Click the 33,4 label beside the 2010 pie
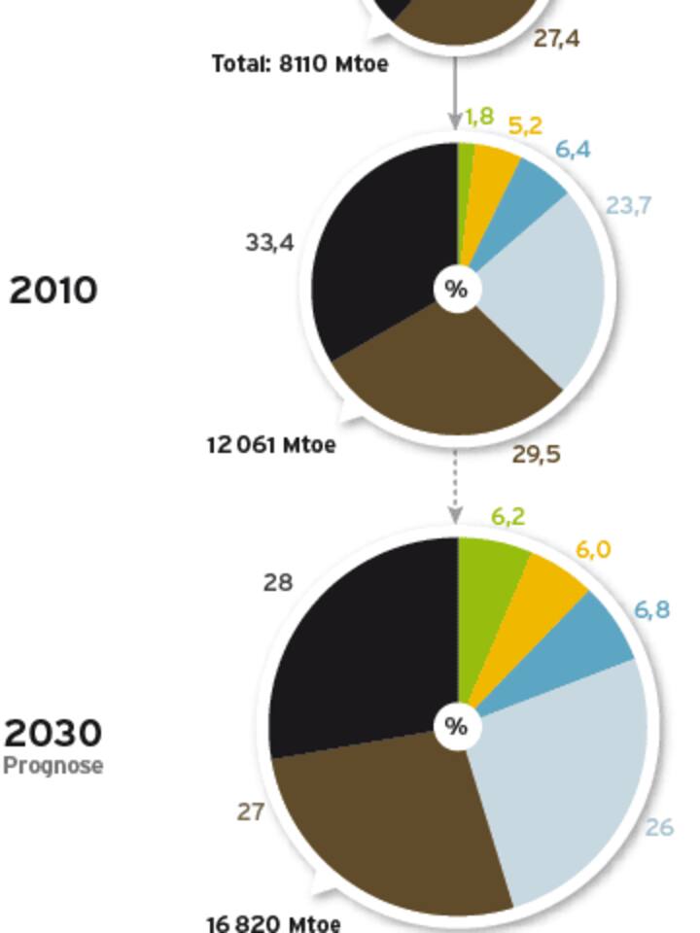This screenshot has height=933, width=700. click(x=269, y=242)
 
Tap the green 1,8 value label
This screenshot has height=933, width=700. click(x=478, y=118)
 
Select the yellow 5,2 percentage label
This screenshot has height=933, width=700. click(x=525, y=125)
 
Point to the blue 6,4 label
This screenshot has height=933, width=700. click(x=573, y=150)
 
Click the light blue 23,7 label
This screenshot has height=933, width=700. click(x=628, y=205)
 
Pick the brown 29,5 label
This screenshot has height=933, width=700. click(x=537, y=454)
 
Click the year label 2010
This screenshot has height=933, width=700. click(x=53, y=290)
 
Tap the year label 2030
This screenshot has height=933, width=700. click(x=53, y=733)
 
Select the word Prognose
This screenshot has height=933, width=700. click(x=53, y=766)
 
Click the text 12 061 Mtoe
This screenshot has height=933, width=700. click(x=271, y=445)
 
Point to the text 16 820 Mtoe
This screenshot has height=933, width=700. click(x=274, y=922)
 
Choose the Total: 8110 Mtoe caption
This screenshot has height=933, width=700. click(x=299, y=64)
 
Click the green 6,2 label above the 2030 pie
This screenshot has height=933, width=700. click(x=508, y=517)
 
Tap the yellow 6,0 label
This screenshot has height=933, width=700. click(x=593, y=550)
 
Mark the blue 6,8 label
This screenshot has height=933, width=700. click(x=651, y=610)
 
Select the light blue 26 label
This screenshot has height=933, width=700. click(x=659, y=827)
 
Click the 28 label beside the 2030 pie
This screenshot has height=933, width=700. click(x=278, y=582)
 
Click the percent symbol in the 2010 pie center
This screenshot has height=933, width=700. click(x=456, y=290)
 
